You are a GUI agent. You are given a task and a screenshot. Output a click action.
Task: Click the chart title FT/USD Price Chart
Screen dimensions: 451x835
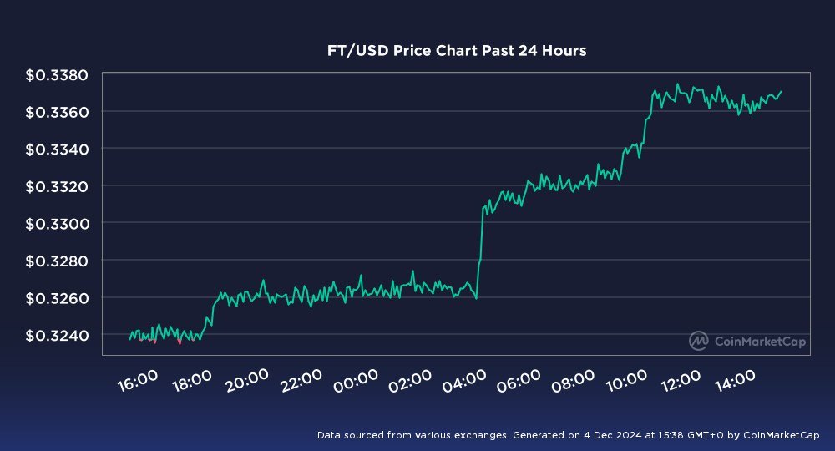[x=456, y=51]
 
